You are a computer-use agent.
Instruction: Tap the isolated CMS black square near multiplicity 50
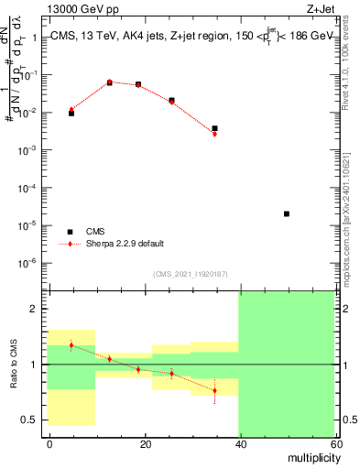click(287, 213)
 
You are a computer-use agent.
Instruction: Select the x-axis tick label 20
click(145, 443)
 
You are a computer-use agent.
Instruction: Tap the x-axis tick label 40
click(239, 443)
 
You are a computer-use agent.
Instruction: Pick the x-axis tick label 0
click(49, 443)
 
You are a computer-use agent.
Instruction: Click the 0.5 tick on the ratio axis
click(31, 420)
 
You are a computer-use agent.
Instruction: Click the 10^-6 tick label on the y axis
click(28, 263)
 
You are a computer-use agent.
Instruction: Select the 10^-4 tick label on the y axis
click(28, 188)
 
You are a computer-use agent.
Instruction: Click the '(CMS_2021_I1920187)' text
click(190, 274)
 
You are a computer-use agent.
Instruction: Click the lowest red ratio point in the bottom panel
click(214, 390)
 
